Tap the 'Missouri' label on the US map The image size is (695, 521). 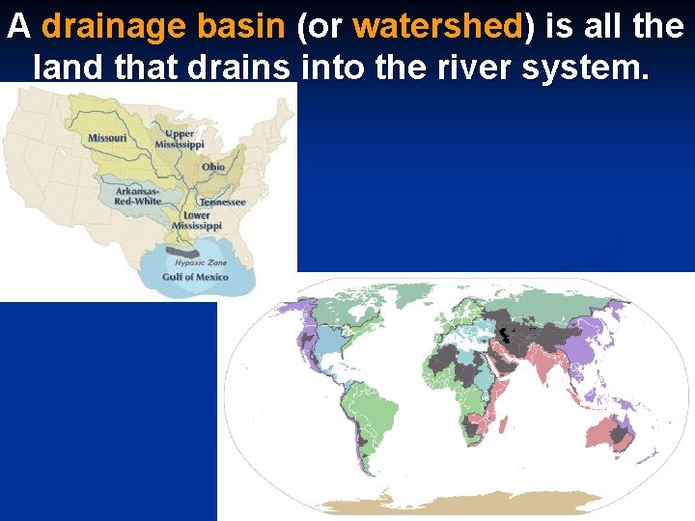click(107, 138)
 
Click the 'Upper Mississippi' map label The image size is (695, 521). click(181, 138)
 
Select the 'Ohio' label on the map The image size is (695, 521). click(213, 167)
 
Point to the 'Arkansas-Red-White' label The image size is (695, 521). click(138, 196)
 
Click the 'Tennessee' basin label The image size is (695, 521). click(223, 203)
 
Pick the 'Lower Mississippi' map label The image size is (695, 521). click(190, 220)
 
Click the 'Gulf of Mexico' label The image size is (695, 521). click(196, 277)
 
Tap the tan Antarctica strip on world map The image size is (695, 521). click(463, 503)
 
